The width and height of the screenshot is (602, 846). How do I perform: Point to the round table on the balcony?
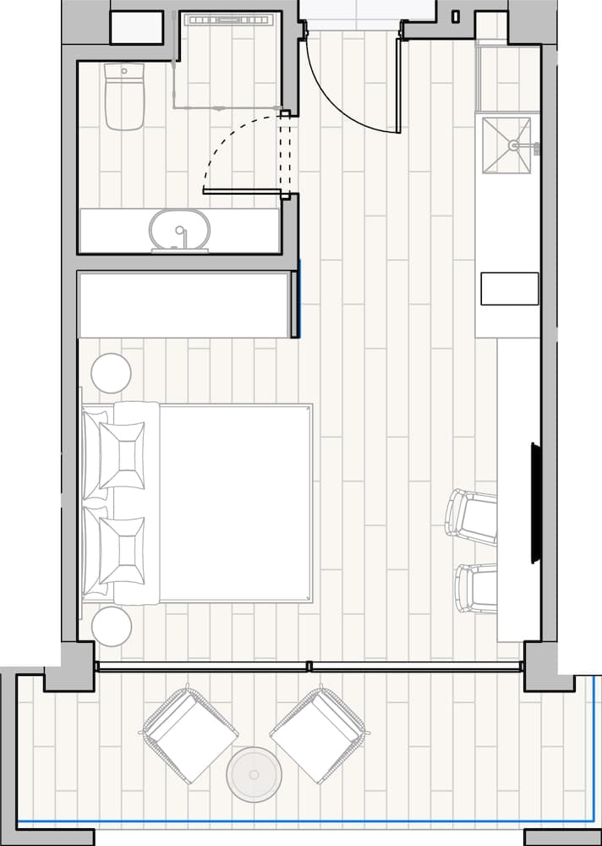254,774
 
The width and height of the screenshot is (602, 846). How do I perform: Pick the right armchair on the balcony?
318,733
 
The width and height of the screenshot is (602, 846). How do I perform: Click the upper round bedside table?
111,373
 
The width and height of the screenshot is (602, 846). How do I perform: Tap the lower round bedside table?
112,627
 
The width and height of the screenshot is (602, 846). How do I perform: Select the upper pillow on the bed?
121,455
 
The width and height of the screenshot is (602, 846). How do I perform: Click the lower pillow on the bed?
121,550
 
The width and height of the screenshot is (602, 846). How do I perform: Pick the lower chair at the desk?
476,587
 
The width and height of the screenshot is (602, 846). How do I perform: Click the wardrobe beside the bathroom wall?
183,305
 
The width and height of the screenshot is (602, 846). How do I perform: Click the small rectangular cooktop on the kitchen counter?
510,288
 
